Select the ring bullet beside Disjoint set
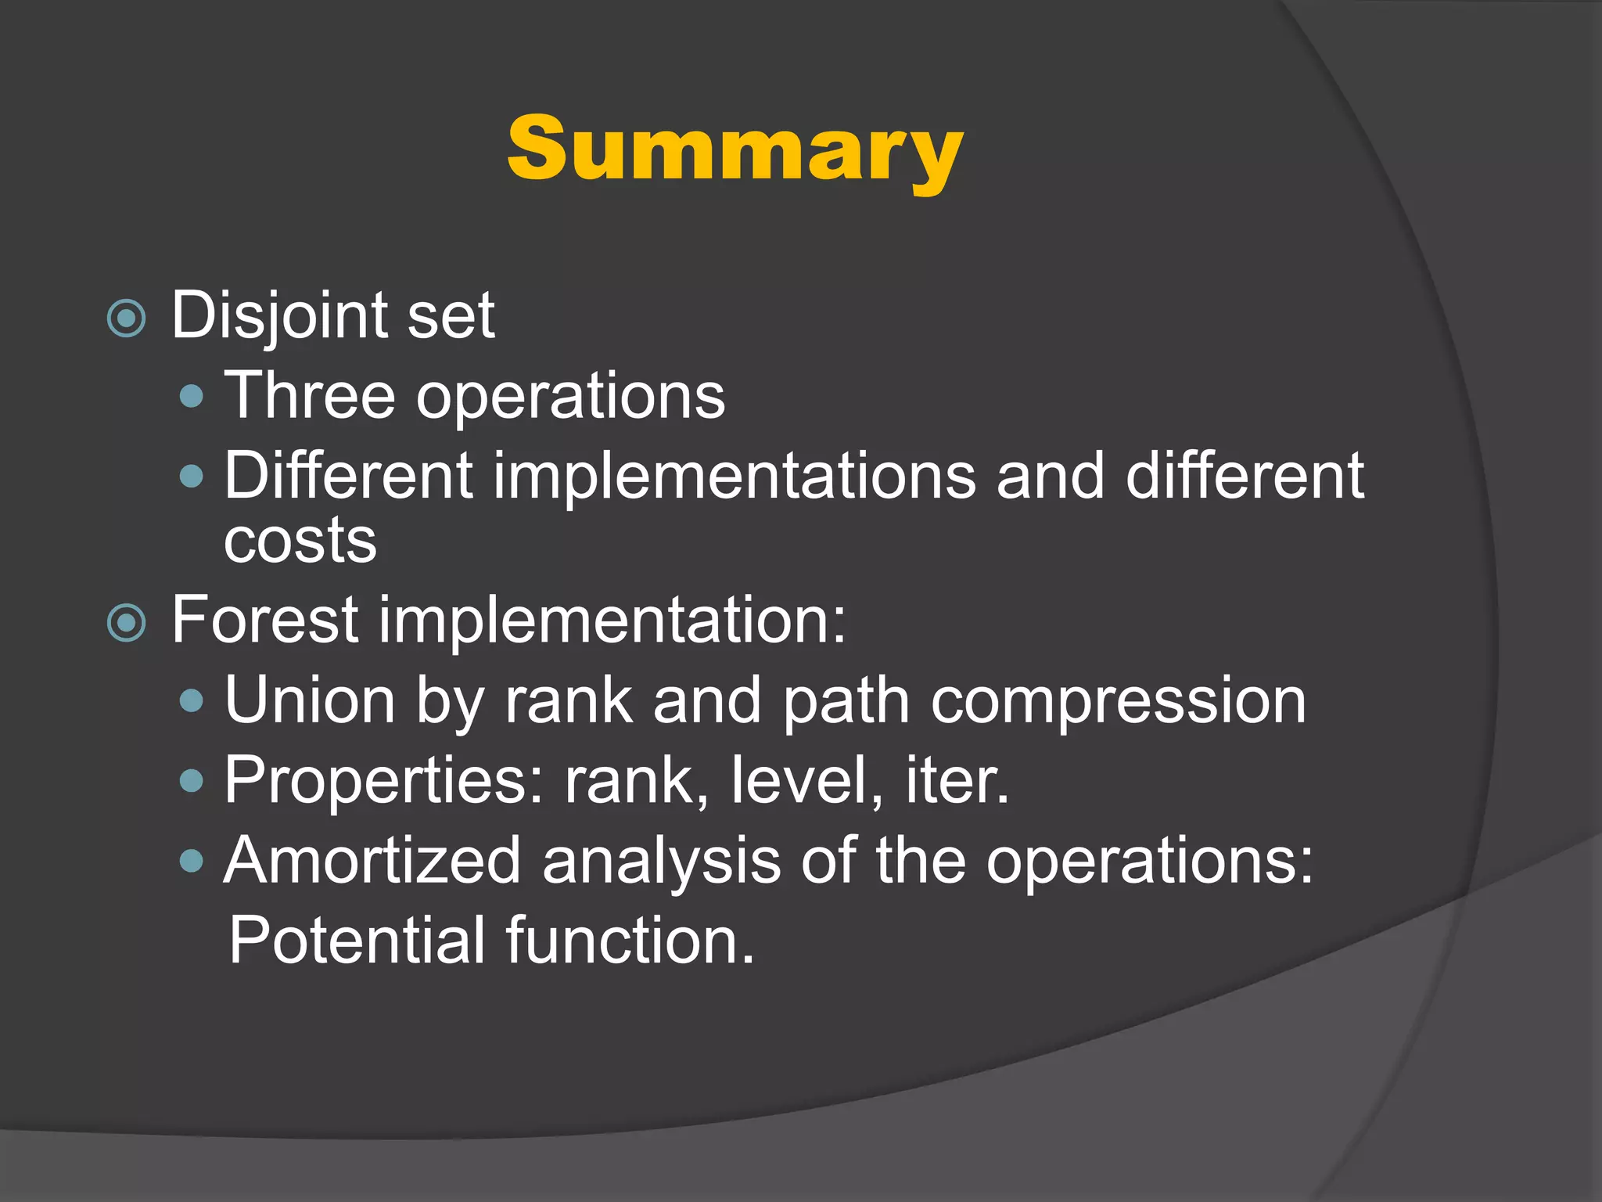pos(127,318)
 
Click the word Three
pos(310,396)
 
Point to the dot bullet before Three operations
pos(191,396)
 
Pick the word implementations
pos(735,476)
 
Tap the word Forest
pos(265,620)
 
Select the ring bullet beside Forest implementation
pos(127,623)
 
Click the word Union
pos(310,700)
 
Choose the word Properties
pos(383,780)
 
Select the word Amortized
pos(372,860)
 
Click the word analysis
pos(662,860)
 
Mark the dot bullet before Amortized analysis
pos(191,862)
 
